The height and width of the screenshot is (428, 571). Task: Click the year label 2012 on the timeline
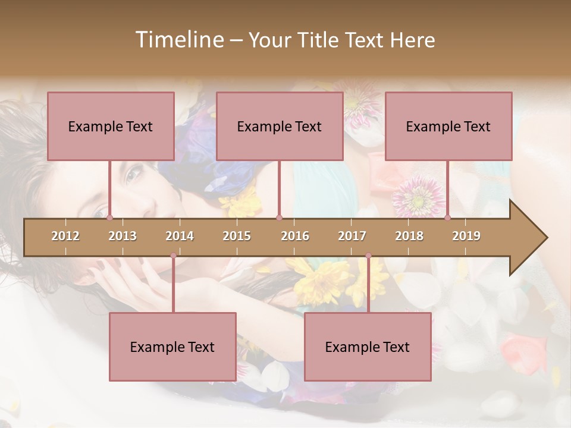pos(65,236)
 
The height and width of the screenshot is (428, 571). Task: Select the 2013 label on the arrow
pos(123,236)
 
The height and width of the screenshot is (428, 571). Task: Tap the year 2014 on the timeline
pos(180,236)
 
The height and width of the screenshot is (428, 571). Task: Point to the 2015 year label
pos(237,236)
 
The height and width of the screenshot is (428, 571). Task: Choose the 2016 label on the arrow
pos(295,236)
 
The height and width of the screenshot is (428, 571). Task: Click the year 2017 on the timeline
pos(352,236)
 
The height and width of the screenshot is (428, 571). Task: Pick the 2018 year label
pos(409,236)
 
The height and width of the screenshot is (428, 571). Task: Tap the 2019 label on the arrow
pos(466,236)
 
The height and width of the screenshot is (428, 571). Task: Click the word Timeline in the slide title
pos(178,40)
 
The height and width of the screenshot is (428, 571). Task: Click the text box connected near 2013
pos(111,126)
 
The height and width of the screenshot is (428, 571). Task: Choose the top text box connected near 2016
pos(280,126)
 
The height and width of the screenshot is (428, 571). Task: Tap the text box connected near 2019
pos(448,126)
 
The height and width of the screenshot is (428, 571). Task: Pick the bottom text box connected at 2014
pos(172,347)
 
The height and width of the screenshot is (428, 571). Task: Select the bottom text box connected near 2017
pos(368,347)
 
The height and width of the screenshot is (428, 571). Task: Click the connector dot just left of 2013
pos(110,218)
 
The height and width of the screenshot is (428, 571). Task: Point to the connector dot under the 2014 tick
pos(173,256)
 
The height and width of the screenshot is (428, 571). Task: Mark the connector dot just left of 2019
pos(448,218)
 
